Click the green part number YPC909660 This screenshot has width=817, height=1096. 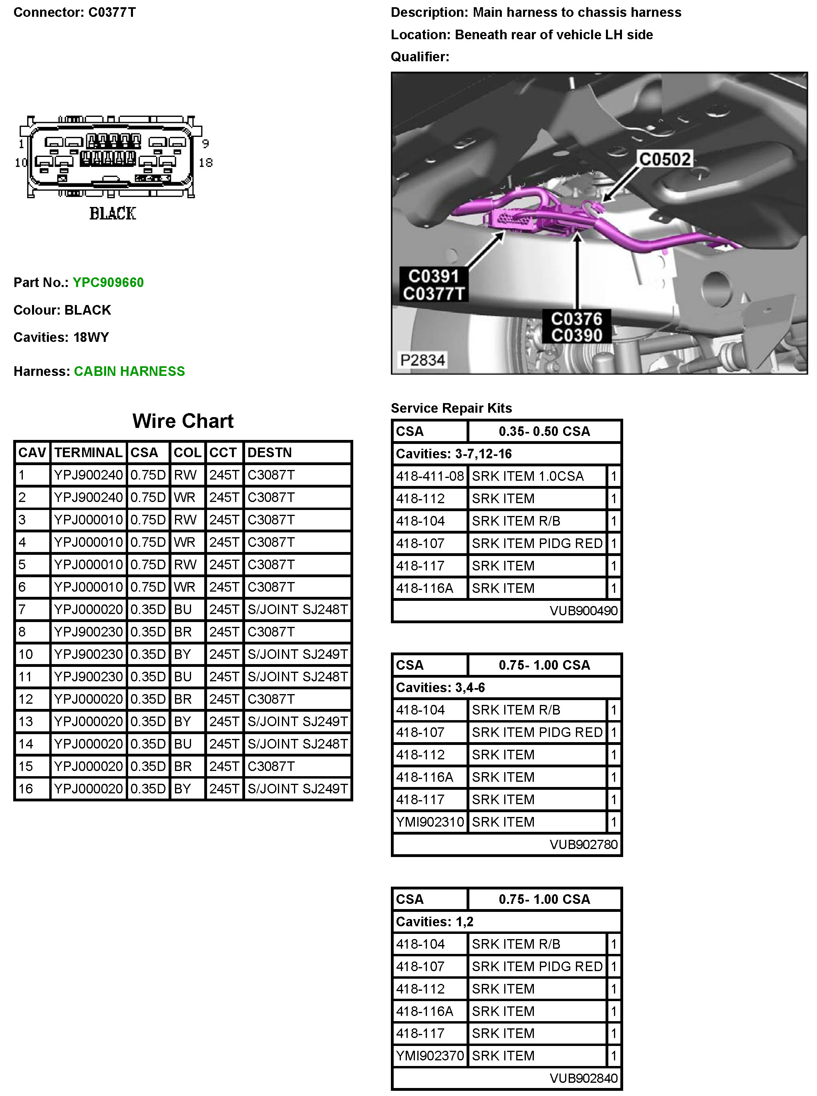pyautogui.click(x=108, y=282)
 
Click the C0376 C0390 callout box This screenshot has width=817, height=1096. pyautogui.click(x=576, y=327)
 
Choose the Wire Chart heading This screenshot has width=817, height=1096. pyautogui.click(x=183, y=421)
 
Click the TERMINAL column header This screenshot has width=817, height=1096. pyautogui.click(x=88, y=452)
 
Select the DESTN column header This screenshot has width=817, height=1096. pyautogui.click(x=270, y=452)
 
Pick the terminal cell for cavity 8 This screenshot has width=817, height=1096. pyautogui.click(x=88, y=632)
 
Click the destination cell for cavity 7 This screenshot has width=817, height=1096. pyautogui.click(x=297, y=610)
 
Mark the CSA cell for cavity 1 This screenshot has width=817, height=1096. pyautogui.click(x=148, y=475)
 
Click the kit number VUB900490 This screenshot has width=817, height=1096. pyautogui.click(x=584, y=610)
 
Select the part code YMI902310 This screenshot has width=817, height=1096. pyautogui.click(x=430, y=822)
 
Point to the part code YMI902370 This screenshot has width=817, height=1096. pyautogui.click(x=430, y=1056)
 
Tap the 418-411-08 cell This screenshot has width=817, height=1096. pyautogui.click(x=430, y=476)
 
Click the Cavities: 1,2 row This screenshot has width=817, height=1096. pyautogui.click(x=507, y=921)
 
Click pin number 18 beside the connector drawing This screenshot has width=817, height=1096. pyautogui.click(x=206, y=163)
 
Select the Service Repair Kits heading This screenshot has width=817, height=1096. pyautogui.click(x=451, y=408)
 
